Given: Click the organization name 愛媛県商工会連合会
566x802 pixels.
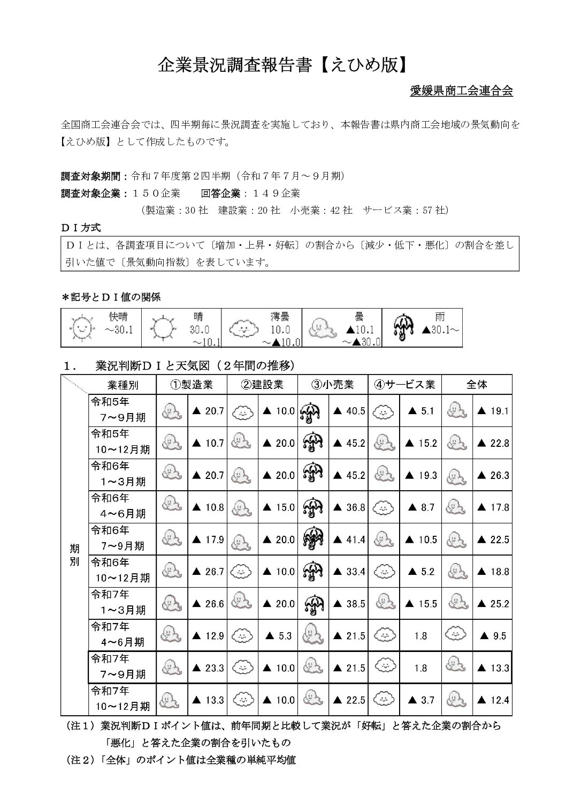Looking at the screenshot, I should point(461,91).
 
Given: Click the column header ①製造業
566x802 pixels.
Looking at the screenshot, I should point(191,385).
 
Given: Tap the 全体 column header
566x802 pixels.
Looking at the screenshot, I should point(477,385).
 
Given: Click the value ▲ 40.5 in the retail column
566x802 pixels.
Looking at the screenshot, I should point(349,411).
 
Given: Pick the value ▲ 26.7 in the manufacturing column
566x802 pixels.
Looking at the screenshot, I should point(208,572).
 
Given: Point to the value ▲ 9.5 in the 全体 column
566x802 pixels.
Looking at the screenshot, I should point(493,636).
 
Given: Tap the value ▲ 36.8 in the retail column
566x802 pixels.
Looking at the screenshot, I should point(349,507).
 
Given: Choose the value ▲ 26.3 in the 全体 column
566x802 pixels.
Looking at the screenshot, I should point(493,475).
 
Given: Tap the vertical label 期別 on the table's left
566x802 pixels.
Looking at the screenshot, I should point(74,555).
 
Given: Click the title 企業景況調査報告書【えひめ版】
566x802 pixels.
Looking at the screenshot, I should point(283,65).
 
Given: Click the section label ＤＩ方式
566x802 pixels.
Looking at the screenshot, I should point(81,228).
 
